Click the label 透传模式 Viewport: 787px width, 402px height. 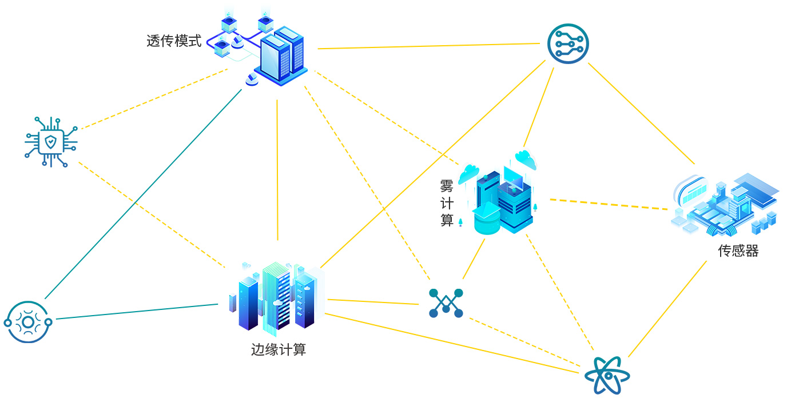(174, 41)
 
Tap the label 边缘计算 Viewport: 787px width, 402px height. (279, 349)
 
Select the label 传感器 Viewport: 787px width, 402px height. (738, 251)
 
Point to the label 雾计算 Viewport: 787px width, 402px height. (447, 203)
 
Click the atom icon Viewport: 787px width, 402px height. (607, 376)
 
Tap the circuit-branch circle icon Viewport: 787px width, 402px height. (567, 43)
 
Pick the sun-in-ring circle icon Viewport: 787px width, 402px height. (28, 322)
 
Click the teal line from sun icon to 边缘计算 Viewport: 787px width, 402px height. (137, 312)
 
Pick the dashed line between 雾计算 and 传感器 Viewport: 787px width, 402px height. (609, 204)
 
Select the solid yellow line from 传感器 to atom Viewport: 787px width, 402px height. (667, 309)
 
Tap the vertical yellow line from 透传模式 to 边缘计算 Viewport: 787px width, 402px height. (277, 172)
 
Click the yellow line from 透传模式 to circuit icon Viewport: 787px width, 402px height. (429, 46)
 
